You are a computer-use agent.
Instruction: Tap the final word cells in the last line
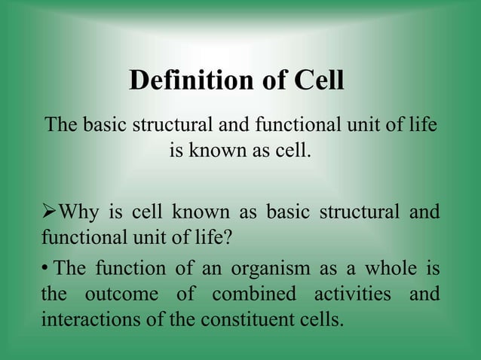[x=321, y=319]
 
